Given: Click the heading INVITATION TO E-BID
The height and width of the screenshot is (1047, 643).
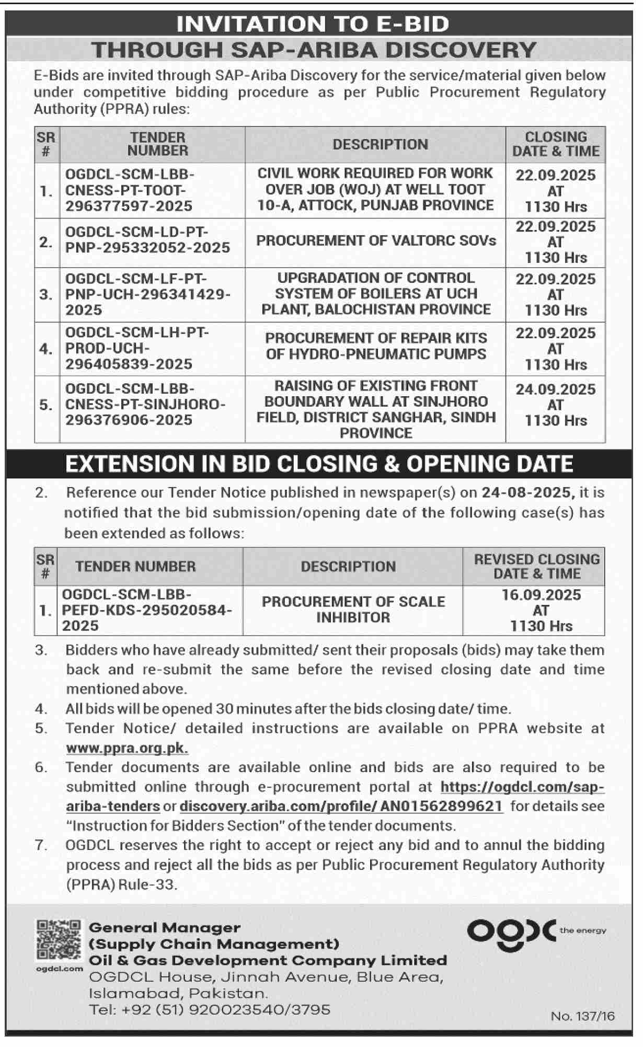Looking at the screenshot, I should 313,24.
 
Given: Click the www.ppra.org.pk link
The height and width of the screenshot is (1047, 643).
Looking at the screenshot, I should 127,748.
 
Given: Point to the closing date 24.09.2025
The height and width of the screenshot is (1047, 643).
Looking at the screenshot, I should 555,389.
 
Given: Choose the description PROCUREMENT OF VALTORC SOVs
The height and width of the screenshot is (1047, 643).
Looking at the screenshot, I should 376,241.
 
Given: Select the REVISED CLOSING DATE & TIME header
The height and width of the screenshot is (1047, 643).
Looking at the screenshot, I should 536,566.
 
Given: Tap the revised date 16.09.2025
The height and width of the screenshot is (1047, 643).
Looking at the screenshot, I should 541,595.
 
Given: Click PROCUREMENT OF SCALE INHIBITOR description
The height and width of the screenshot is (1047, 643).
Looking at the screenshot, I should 353,609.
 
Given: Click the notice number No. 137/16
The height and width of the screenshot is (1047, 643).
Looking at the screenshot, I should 583,1016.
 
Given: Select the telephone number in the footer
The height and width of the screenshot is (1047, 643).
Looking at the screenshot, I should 210,1009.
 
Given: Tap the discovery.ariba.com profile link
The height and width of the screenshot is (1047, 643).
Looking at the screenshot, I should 341,806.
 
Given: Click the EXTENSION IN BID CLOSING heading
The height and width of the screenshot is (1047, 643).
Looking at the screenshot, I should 319,464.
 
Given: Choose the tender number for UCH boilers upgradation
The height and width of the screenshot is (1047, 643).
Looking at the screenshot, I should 147,294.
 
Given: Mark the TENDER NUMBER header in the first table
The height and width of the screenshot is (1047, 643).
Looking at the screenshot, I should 157,144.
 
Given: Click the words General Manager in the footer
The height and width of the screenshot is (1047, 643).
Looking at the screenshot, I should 165,927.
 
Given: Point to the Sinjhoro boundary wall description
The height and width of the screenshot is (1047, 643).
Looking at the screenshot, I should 376,409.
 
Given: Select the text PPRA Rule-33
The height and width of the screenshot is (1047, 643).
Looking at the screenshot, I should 121,884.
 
